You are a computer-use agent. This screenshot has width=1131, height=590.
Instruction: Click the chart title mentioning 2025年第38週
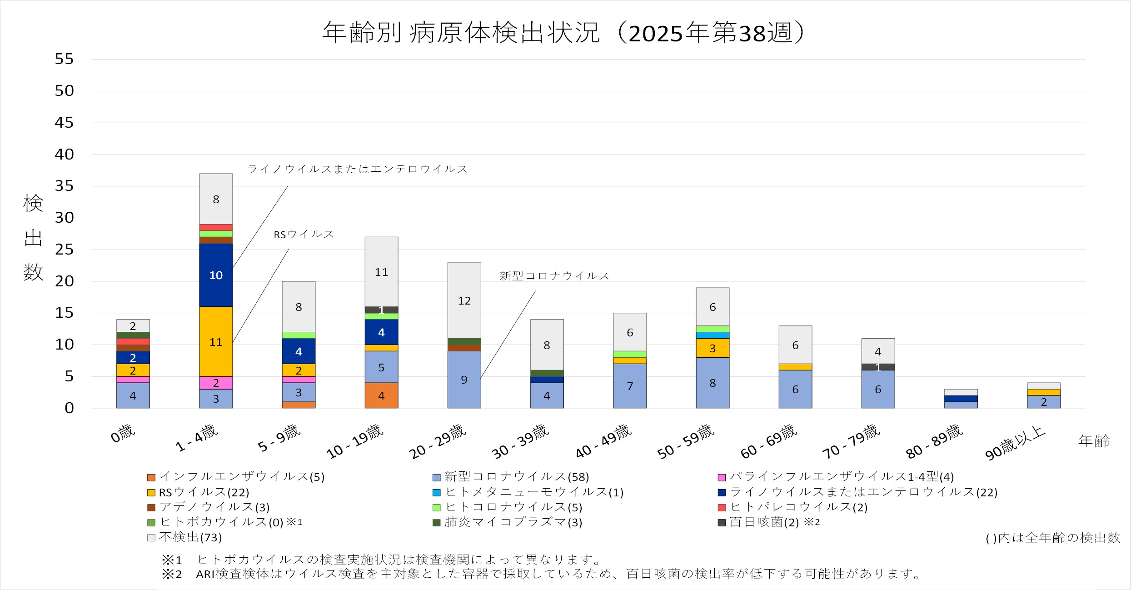pyautogui.click(x=563, y=33)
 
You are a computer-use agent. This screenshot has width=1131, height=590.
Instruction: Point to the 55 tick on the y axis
pyautogui.click(x=64, y=59)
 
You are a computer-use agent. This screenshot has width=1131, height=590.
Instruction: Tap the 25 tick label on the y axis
pyautogui.click(x=64, y=250)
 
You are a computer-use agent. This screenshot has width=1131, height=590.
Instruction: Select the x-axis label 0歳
pyautogui.click(x=123, y=434)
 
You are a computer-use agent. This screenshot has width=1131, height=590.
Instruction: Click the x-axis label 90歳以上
pyautogui.click(x=1016, y=443)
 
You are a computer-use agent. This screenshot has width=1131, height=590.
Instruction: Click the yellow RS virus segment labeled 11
pyautogui.click(x=216, y=342)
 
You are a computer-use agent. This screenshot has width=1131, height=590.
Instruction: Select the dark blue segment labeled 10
pyautogui.click(x=216, y=275)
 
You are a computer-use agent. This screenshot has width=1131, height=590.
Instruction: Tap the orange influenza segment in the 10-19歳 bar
pyautogui.click(x=381, y=395)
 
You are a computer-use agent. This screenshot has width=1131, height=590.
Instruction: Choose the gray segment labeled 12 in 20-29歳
pyautogui.click(x=464, y=300)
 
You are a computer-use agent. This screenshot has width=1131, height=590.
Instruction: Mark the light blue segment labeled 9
pyautogui.click(x=464, y=380)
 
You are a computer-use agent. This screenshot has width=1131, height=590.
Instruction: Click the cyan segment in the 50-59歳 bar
pyautogui.click(x=712, y=335)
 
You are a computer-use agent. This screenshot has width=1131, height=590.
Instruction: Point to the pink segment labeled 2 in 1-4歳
pyautogui.click(x=216, y=383)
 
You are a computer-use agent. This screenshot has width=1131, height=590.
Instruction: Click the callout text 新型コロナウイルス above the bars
pyautogui.click(x=554, y=276)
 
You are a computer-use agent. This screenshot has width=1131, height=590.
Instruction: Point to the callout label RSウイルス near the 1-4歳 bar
pyautogui.click(x=304, y=235)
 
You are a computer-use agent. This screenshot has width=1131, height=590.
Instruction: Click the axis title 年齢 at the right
pyautogui.click(x=1094, y=440)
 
